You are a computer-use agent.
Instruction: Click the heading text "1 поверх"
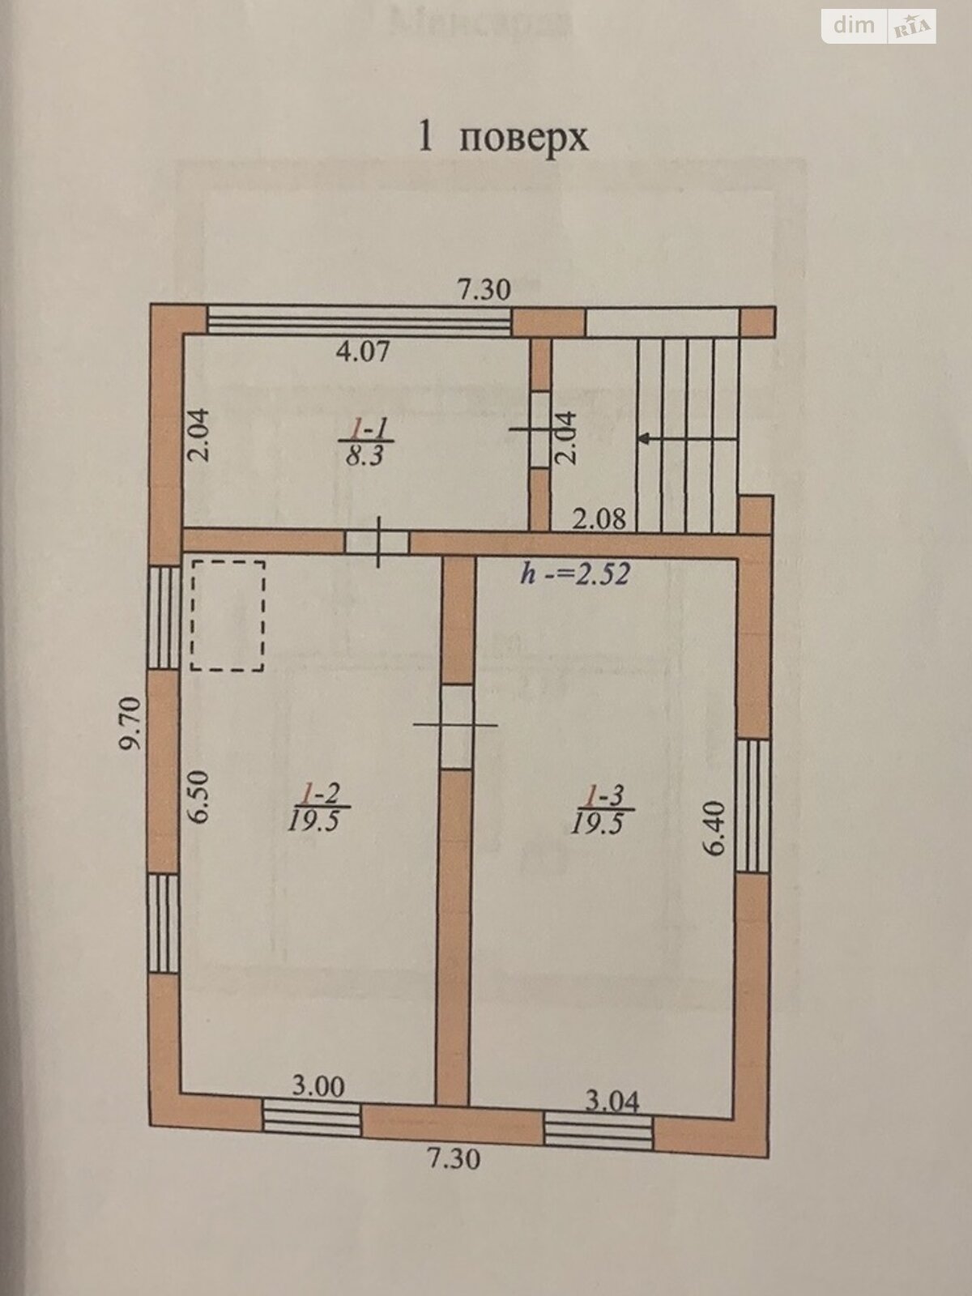pyautogui.click(x=501, y=138)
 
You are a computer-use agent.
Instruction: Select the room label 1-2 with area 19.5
pyautogui.click(x=317, y=808)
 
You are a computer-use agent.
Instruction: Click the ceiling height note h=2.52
pyautogui.click(x=575, y=574)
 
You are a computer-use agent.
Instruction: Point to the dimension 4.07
pyautogui.click(x=364, y=352)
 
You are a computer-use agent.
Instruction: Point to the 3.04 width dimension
pyautogui.click(x=612, y=1101)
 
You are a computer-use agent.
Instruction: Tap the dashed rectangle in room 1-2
pyautogui.click(x=228, y=615)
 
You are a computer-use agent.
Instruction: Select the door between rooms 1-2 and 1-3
pyautogui.click(x=455, y=726)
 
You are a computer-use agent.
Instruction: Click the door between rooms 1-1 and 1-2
pyautogui.click(x=377, y=542)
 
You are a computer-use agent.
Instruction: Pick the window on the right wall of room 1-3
pyautogui.click(x=754, y=806)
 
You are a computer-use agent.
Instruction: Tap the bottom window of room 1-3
pyautogui.click(x=599, y=1131)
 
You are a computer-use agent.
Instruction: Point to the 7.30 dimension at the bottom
pyautogui.click(x=454, y=1159)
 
